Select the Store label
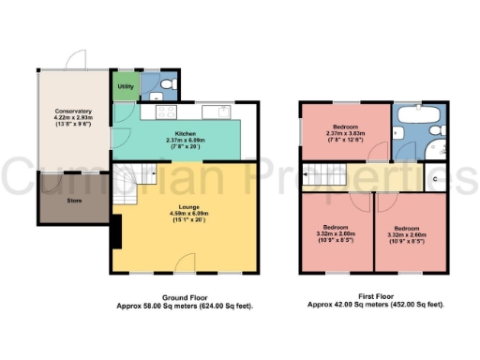pyautogui.click(x=73, y=200)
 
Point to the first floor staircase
pyautogui.click(x=322, y=176)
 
